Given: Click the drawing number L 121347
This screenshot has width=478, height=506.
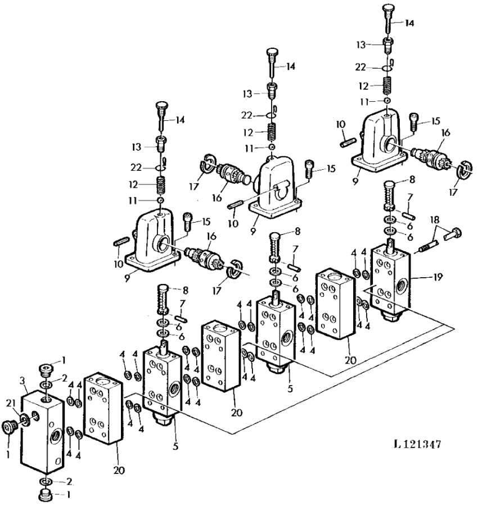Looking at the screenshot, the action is pyautogui.click(x=417, y=444).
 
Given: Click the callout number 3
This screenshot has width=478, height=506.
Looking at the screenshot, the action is pyautogui.click(x=22, y=381).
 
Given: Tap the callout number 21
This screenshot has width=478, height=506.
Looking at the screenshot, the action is pyautogui.click(x=11, y=403).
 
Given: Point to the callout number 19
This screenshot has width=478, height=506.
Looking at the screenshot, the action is pyautogui.click(x=438, y=277).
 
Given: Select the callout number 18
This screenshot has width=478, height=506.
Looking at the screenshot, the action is pyautogui.click(x=435, y=220).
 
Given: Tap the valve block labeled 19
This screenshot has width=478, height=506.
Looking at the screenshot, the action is pyautogui.click(x=390, y=283).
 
